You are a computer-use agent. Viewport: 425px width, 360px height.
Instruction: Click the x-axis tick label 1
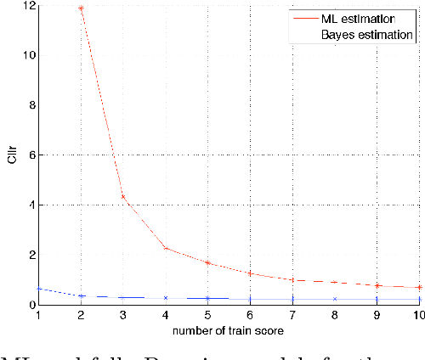click(x=37, y=315)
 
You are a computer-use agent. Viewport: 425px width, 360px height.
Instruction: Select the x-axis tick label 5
click(x=207, y=315)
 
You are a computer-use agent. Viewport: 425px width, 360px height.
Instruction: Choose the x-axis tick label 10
click(x=417, y=315)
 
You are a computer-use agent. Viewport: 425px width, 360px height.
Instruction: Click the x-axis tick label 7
click(x=292, y=315)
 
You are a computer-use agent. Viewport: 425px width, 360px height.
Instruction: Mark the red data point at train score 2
click(x=81, y=8)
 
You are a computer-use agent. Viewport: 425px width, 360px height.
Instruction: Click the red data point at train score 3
click(x=123, y=197)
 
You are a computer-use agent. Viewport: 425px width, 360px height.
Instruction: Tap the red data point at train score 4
click(x=166, y=248)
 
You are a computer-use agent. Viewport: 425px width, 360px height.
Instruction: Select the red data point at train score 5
click(x=207, y=262)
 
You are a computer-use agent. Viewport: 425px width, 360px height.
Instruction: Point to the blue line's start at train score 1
click(x=38, y=289)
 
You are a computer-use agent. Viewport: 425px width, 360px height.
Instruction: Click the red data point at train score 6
click(x=250, y=273)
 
